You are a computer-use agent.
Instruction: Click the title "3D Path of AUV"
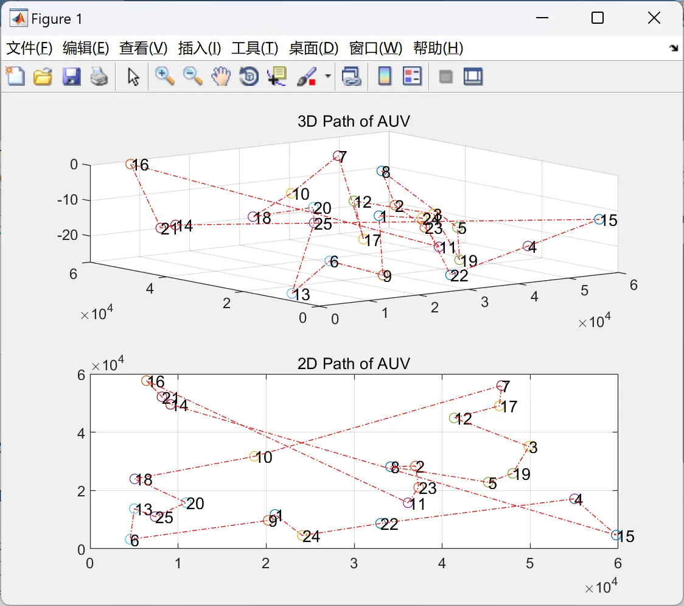point(354,121)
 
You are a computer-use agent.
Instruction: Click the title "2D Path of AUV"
point(354,364)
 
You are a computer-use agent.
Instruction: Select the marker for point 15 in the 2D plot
point(616,535)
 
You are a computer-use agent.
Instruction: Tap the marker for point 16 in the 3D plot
point(130,164)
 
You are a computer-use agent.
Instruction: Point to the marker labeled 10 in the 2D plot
point(255,456)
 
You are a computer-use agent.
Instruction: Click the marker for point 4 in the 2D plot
point(574,499)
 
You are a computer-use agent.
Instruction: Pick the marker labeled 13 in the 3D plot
point(292,293)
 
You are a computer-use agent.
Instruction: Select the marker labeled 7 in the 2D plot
point(501,386)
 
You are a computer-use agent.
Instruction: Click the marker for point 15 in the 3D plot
point(599,219)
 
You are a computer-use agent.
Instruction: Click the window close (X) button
point(654,18)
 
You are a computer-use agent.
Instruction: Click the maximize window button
point(597,18)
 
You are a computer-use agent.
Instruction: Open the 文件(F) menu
point(29,49)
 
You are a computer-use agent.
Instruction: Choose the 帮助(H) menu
point(438,49)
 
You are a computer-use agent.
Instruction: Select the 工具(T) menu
point(254,49)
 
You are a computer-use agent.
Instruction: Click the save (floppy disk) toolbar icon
point(71,77)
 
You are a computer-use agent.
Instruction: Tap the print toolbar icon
point(99,77)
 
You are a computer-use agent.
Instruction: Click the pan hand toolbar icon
point(221,76)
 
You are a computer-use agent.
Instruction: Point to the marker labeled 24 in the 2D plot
point(301,535)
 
